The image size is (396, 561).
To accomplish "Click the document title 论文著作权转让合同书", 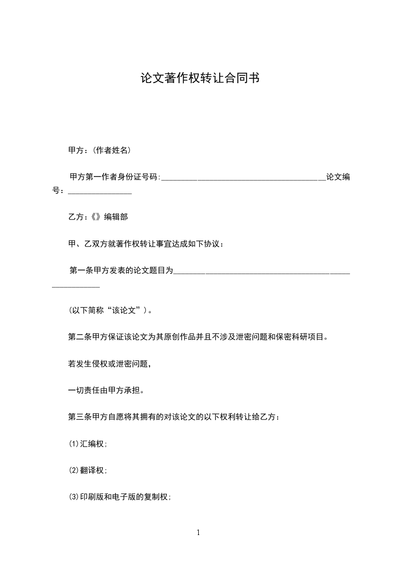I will point(199,78).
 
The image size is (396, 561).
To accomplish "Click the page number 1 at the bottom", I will point(198,532).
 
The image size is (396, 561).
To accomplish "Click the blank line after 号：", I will point(100,191).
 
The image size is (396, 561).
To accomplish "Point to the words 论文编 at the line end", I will point(338,177).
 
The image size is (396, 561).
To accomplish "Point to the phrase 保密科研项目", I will point(302,337).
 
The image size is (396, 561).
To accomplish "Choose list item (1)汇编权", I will point(88,443).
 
